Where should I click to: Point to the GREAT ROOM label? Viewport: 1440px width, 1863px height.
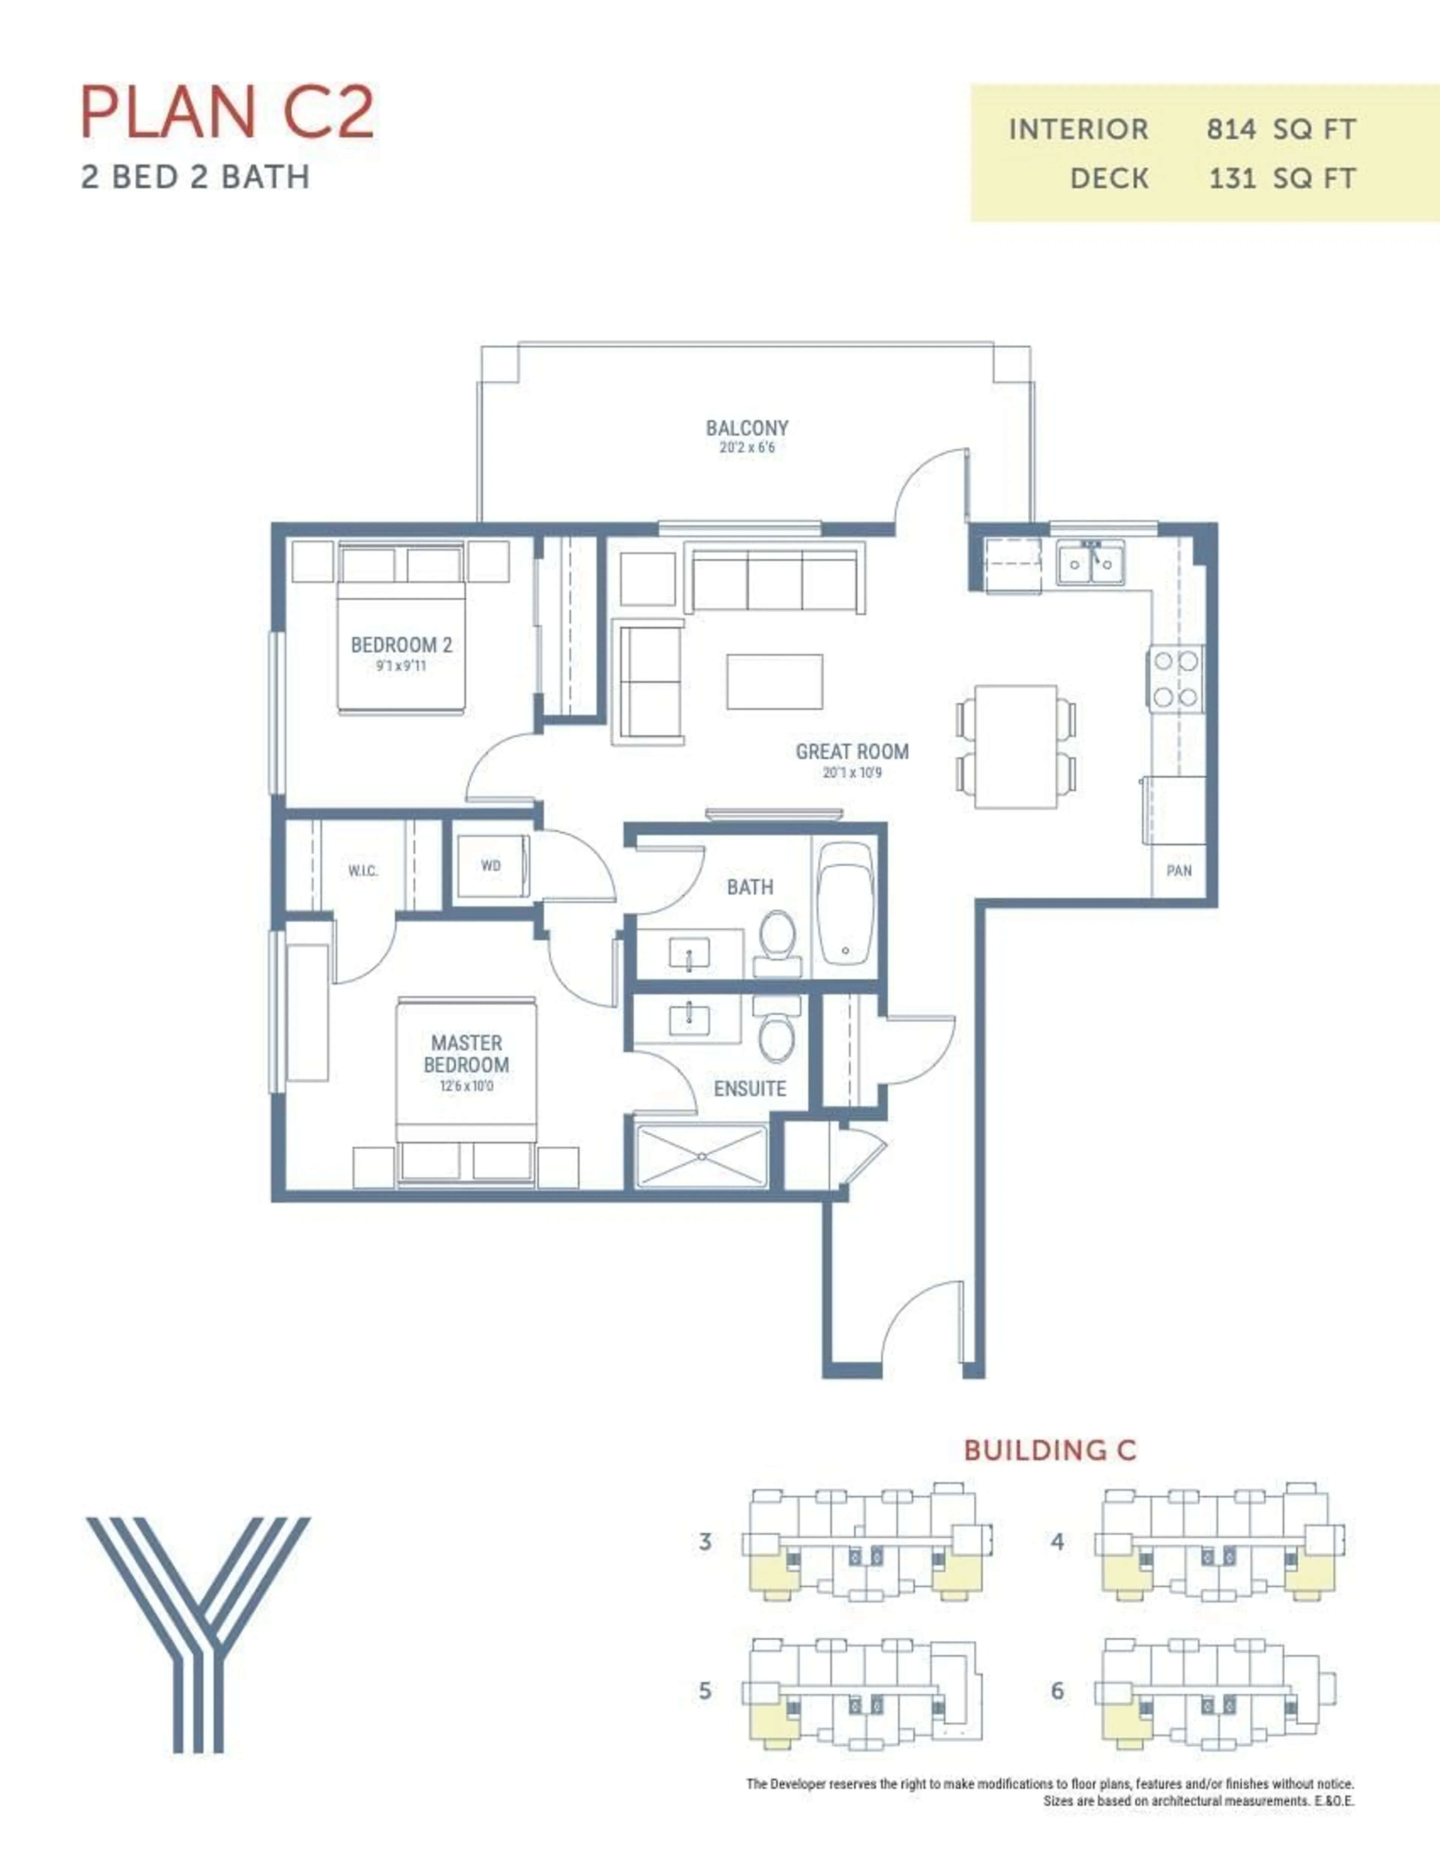pos(851,751)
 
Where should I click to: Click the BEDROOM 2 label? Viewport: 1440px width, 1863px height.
pos(401,645)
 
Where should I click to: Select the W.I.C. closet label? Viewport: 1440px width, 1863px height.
pos(363,871)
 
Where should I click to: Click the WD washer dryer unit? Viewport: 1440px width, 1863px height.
pos(490,866)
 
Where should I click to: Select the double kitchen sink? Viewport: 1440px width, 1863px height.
pos(1090,563)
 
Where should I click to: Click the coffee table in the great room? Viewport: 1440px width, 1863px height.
pos(775,682)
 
